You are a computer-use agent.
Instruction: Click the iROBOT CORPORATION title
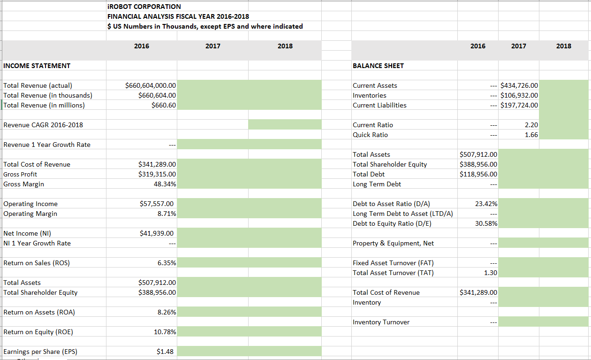(144, 7)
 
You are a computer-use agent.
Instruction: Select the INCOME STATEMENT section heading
(37, 66)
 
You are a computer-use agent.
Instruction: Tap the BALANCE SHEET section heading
(378, 66)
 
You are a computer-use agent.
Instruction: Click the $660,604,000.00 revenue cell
(151, 85)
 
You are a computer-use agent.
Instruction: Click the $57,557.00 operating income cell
(157, 204)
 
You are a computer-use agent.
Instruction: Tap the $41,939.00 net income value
(157, 233)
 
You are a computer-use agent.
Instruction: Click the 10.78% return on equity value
(165, 332)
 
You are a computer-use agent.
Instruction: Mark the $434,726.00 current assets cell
(519, 85)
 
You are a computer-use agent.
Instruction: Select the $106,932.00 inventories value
(519, 95)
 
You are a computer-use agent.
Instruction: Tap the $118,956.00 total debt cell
(478, 174)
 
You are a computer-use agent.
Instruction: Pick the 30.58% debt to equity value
(486, 223)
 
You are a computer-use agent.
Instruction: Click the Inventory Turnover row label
(381, 322)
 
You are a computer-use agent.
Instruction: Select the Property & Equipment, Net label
(393, 243)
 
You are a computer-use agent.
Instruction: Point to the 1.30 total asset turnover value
(490, 273)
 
